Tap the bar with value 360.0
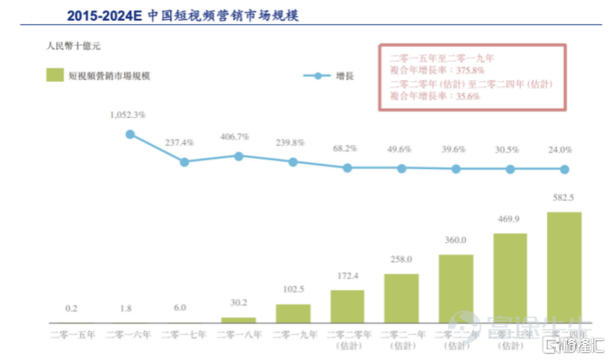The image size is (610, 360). [456, 289]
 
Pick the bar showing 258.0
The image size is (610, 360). [401, 298]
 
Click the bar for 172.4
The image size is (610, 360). [347, 306]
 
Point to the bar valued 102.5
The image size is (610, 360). [292, 313]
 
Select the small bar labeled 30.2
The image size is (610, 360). [238, 319]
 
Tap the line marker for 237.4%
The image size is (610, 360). [184, 162]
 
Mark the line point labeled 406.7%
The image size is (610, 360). [238, 156]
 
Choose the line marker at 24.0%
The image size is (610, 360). [564, 169]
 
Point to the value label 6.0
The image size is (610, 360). [179, 308]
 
